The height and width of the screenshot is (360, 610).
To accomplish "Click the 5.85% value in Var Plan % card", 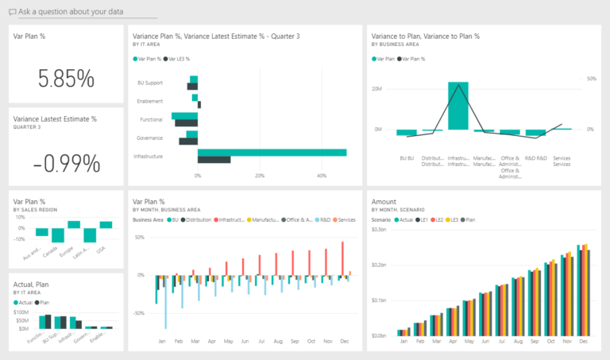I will tap(66, 78).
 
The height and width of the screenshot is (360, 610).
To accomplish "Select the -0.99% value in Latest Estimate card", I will tap(66, 163).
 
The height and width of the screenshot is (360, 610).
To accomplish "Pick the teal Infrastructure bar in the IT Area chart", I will tap(272, 153).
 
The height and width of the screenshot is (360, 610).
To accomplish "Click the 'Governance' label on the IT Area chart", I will tap(149, 137).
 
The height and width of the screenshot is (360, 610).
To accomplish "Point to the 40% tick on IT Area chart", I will tap(321, 175).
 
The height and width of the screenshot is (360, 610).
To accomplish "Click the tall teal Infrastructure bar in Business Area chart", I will tap(458, 106).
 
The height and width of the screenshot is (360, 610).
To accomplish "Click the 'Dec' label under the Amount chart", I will tap(584, 342).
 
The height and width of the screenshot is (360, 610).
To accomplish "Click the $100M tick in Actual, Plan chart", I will tap(24, 312).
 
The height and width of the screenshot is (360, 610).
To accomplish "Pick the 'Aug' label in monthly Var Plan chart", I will tap(278, 342).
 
